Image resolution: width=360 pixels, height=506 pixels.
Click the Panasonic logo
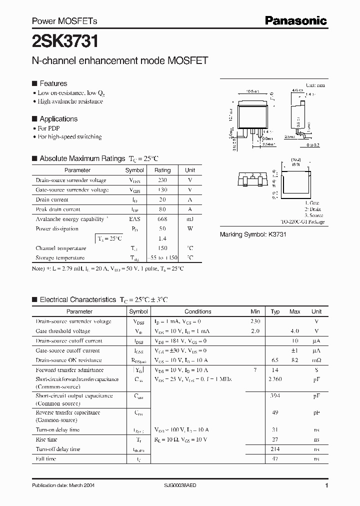coord(295,20)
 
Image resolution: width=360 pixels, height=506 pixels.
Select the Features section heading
coord(53,83)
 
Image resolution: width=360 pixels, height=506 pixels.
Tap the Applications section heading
coord(58,119)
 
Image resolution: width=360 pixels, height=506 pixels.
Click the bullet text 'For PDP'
coord(48,128)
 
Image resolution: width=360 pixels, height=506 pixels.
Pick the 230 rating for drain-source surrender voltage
coord(162,180)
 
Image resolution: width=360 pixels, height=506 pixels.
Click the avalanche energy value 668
coord(162,219)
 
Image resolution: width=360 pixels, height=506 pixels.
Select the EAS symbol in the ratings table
coord(135,219)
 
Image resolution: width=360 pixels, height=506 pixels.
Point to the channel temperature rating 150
coord(162,248)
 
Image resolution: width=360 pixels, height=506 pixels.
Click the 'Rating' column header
coord(162,170)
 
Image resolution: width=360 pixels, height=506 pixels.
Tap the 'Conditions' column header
coord(198,311)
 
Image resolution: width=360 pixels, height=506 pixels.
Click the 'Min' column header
coord(255,311)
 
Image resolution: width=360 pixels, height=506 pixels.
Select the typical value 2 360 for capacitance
coord(275,379)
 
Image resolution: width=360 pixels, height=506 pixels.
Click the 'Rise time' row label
coord(46,439)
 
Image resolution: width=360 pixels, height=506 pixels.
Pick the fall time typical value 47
coord(275,459)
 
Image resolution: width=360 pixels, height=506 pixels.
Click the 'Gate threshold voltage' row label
coord(63,331)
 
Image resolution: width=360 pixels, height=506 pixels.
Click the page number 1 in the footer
coord(326,485)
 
